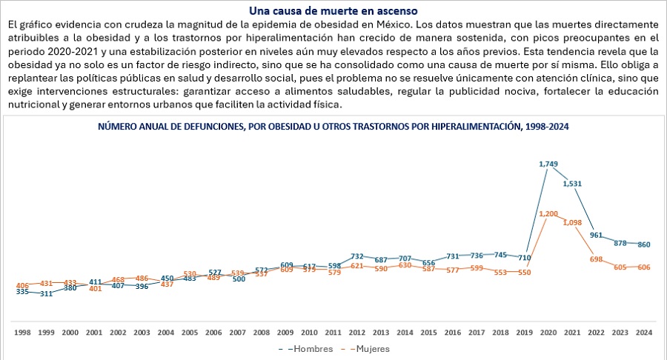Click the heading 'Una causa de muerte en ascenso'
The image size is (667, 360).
(x=333, y=11)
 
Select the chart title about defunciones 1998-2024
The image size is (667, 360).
(x=333, y=127)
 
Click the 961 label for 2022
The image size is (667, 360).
(x=597, y=235)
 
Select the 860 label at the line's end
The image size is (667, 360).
(x=644, y=244)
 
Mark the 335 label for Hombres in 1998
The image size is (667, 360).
(x=23, y=292)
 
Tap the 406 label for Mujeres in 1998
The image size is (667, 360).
(x=23, y=285)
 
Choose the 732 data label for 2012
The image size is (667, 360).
(x=357, y=256)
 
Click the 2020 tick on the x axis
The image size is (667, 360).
(x=548, y=333)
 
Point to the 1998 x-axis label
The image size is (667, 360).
(x=23, y=333)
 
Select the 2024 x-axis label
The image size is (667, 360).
(x=644, y=333)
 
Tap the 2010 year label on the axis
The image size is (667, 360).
(x=309, y=333)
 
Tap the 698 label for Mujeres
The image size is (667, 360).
(x=597, y=259)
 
